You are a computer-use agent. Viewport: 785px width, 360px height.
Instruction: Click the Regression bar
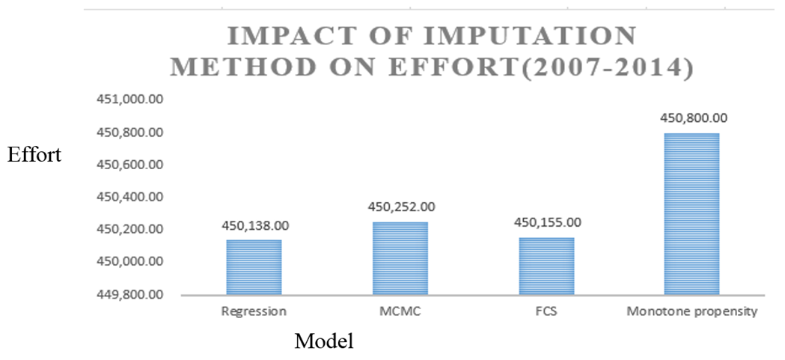[x=254, y=267]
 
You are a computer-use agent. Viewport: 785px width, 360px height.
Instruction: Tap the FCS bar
[x=546, y=266]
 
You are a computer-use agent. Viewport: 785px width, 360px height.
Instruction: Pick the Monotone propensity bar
[x=692, y=214]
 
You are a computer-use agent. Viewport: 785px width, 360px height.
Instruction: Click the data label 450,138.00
[x=254, y=225]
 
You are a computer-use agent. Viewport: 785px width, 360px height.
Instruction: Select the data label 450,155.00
[x=547, y=222]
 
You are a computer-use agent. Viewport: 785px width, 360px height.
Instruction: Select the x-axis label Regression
[x=254, y=311]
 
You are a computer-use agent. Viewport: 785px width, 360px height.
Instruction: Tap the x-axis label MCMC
[x=400, y=311]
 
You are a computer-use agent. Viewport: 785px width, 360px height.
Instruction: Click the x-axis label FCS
[x=547, y=311]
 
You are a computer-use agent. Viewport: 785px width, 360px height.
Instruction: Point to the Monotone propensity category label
[x=693, y=311]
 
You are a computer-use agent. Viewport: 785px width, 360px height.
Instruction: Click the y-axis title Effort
[x=34, y=155]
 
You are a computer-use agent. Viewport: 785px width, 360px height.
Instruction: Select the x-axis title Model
[x=323, y=341]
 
